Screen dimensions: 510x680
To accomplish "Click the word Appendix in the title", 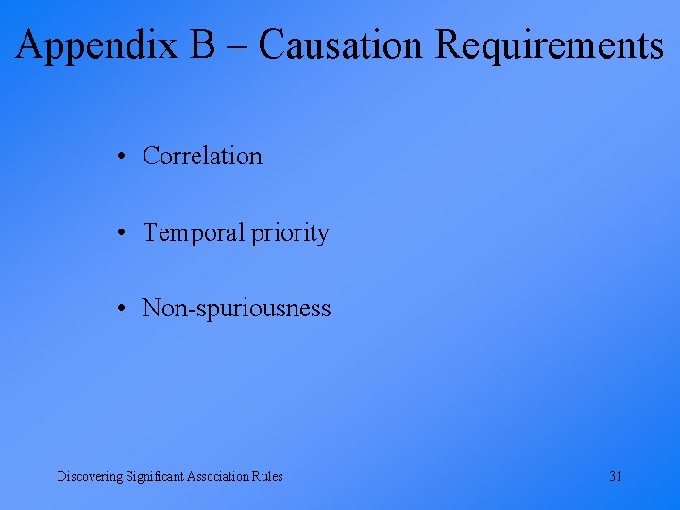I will (x=96, y=45).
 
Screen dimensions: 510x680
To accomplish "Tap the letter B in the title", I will (x=201, y=44).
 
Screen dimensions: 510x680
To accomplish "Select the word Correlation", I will (x=202, y=156).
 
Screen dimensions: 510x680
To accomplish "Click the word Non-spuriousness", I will (x=236, y=309).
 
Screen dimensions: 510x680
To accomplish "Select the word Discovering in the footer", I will (x=90, y=476).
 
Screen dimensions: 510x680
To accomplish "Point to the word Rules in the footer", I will (x=267, y=476).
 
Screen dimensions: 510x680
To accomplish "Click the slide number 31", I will (x=615, y=476).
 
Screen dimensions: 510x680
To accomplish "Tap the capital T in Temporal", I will (x=149, y=232).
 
